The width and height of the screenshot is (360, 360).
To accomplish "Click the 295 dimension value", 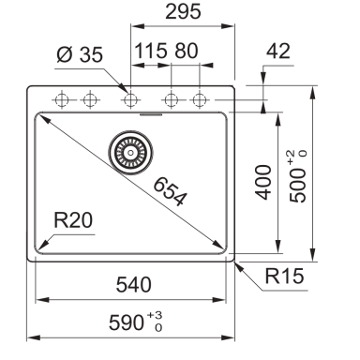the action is (x=183, y=11).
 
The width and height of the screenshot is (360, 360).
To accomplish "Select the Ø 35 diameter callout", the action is (x=80, y=54).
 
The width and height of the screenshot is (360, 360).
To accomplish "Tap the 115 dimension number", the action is (x=151, y=51).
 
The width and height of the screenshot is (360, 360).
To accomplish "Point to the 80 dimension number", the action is (x=187, y=51).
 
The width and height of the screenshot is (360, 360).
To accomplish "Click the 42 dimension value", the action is (x=278, y=51).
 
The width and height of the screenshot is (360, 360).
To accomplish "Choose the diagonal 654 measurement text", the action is (x=171, y=191).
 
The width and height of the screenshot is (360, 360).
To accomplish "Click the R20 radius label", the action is (x=73, y=220).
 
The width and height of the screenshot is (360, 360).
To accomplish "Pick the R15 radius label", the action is (x=284, y=276).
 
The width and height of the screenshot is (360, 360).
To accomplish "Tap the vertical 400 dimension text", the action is (x=263, y=183).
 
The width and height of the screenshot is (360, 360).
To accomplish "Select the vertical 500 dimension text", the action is (x=297, y=186).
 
